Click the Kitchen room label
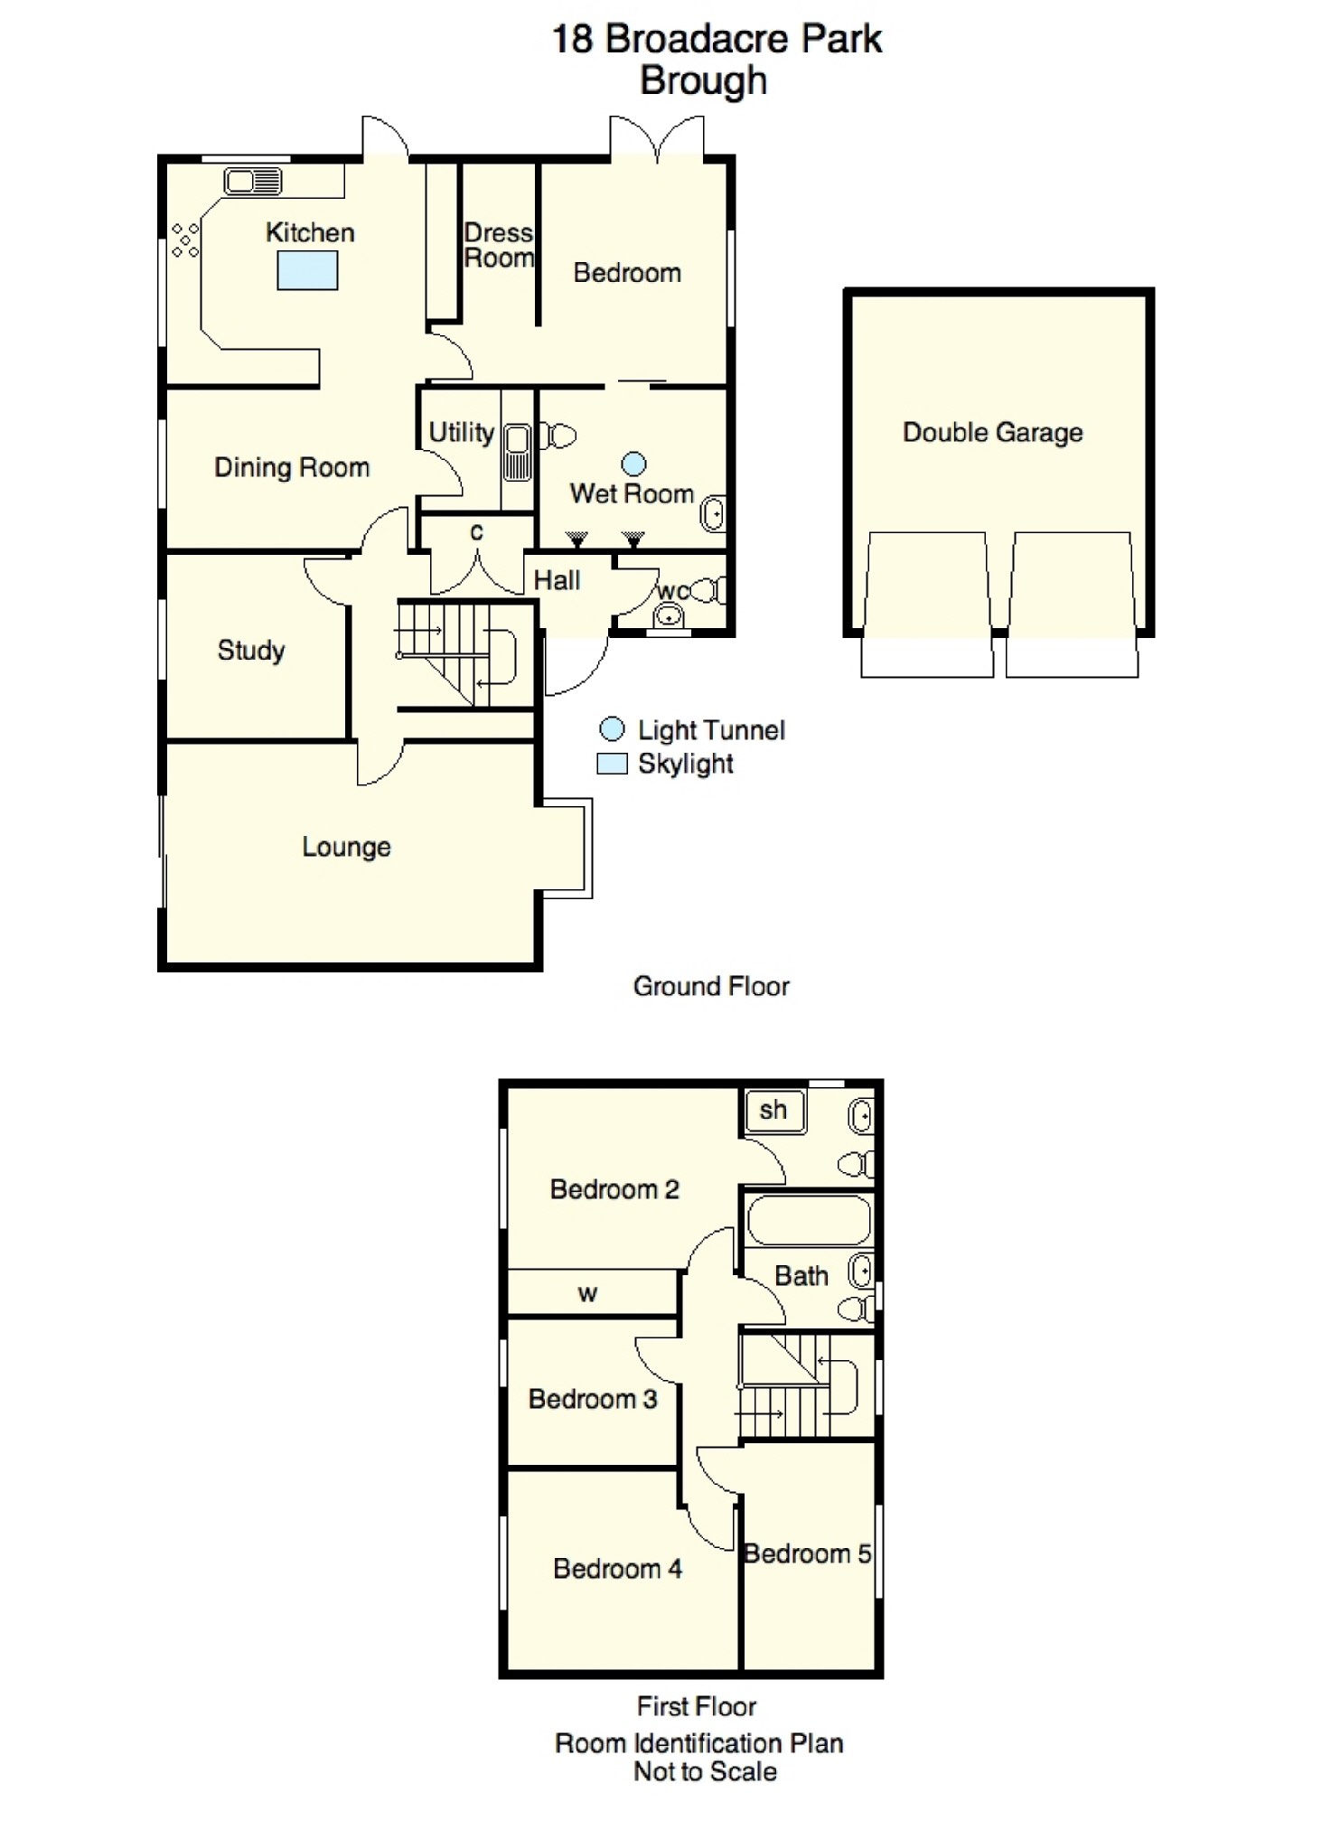(310, 232)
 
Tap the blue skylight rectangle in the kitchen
(307, 270)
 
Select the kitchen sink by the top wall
(253, 182)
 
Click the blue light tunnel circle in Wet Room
(634, 464)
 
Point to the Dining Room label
(292, 467)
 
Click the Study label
(251, 651)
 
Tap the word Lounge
(346, 847)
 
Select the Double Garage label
(992, 432)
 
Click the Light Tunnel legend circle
(613, 729)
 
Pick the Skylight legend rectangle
(612, 764)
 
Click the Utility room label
(461, 432)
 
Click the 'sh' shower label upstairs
(773, 1110)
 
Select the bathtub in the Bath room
(809, 1220)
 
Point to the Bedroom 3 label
(593, 1399)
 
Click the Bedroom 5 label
(807, 1553)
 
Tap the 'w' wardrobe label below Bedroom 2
(587, 1294)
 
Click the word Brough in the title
(704, 80)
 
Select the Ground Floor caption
(711, 986)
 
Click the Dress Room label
(499, 245)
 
